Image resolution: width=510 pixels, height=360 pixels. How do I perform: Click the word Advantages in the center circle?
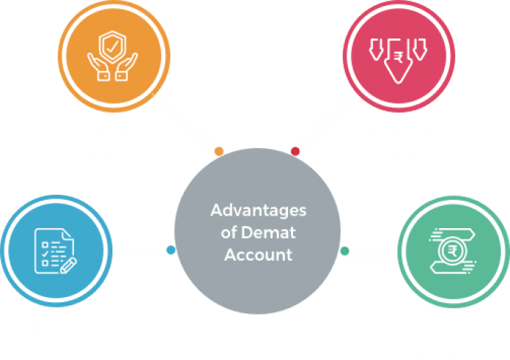(x=258, y=210)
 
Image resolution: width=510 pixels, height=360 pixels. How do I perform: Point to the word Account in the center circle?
(x=258, y=255)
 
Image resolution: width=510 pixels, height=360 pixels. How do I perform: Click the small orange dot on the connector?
(x=218, y=151)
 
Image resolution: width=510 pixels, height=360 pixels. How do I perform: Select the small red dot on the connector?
(x=295, y=151)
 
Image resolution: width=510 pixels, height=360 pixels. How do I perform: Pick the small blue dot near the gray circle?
(x=171, y=250)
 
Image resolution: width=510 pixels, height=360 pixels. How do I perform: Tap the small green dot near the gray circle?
(x=344, y=250)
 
